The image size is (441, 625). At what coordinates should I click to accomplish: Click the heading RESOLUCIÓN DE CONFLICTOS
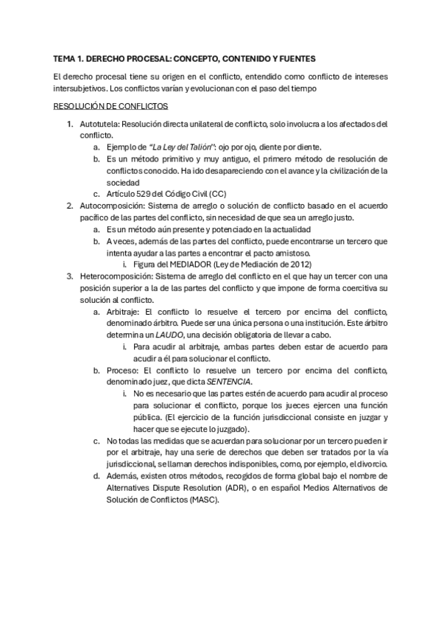pyautogui.click(x=111, y=106)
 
